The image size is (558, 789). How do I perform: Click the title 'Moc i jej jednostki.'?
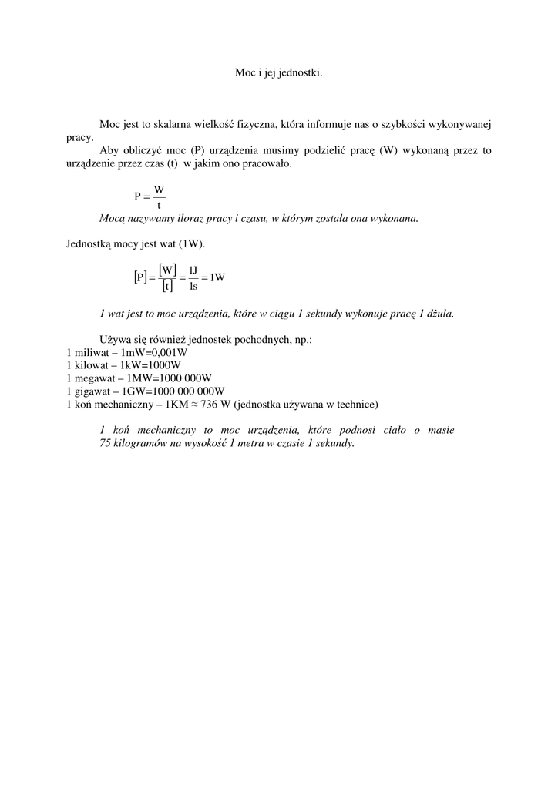click(x=278, y=72)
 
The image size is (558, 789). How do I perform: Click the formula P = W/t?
click(x=150, y=196)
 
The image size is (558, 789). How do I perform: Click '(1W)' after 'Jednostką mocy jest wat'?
click(x=191, y=244)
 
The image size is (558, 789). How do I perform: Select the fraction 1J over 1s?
click(x=193, y=277)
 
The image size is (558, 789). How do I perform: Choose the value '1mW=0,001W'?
click(x=149, y=352)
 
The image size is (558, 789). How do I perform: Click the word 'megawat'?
click(x=93, y=378)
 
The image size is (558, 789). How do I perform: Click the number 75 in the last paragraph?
click(x=106, y=444)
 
